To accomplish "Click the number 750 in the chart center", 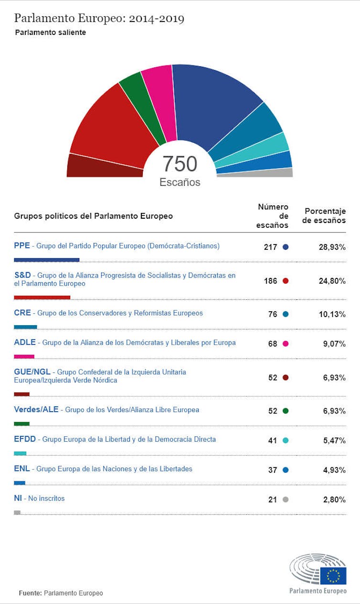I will [180, 164].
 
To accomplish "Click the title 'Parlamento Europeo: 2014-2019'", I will [99, 19].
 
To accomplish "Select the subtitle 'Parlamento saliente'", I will [50, 33].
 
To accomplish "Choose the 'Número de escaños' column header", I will [273, 216].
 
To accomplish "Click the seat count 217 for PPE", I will [270, 247].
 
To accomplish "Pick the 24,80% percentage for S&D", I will [332, 281].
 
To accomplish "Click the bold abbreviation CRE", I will [22, 313].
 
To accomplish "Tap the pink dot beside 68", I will [286, 344].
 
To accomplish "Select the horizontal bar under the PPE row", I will [46, 260].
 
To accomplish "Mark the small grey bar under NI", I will [17, 512].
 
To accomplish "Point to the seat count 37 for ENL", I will [272, 470].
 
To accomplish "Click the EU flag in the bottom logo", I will [333, 575].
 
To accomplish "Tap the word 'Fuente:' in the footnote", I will [31, 593].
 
